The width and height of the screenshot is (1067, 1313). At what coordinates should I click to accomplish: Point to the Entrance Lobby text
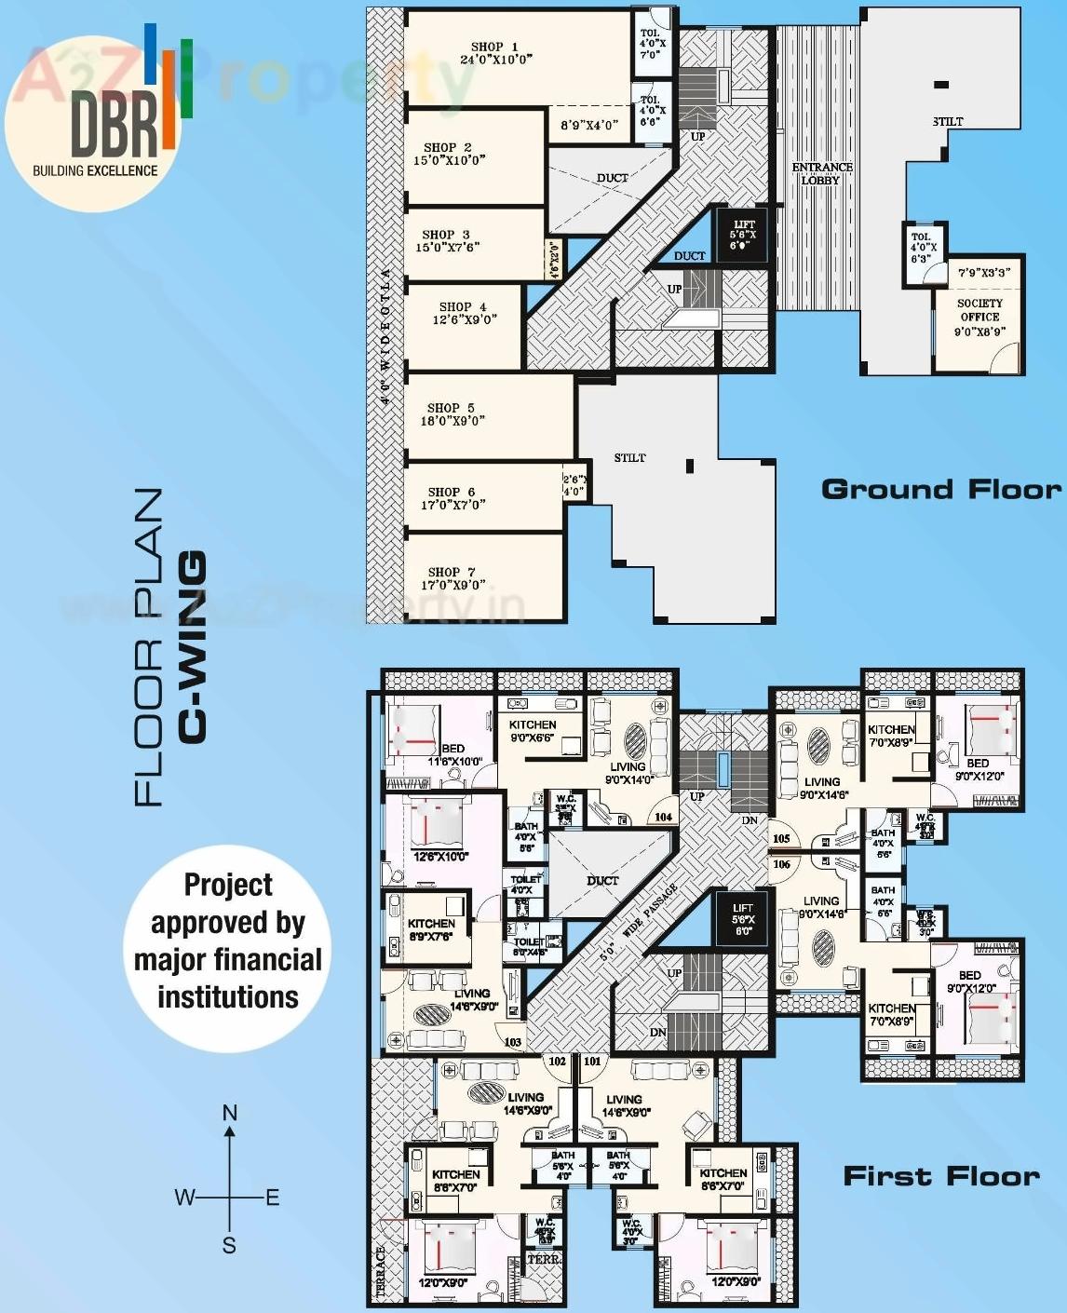[x=821, y=174]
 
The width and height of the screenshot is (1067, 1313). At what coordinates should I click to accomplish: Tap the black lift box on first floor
[x=742, y=919]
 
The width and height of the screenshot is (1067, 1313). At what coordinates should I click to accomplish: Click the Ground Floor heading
[x=940, y=490]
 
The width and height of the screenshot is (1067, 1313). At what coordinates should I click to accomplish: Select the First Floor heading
[x=940, y=1177]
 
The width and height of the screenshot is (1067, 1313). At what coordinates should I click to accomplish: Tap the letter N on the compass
[x=230, y=1113]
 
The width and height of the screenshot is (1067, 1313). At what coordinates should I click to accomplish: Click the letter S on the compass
[x=229, y=1245]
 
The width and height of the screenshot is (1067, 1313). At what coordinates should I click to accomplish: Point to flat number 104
[x=663, y=817]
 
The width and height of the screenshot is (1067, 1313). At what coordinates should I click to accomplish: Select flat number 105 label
[x=781, y=838]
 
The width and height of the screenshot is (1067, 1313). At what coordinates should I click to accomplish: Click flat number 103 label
[x=513, y=1041]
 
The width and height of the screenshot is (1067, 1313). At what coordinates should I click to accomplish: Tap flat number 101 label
[x=592, y=1061]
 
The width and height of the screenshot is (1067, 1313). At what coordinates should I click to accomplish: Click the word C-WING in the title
[x=192, y=647]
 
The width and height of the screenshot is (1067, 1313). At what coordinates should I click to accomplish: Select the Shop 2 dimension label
[x=449, y=160]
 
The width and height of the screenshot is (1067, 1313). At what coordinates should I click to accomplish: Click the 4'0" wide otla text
[x=385, y=335]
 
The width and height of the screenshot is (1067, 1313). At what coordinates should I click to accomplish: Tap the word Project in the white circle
[x=228, y=885]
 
